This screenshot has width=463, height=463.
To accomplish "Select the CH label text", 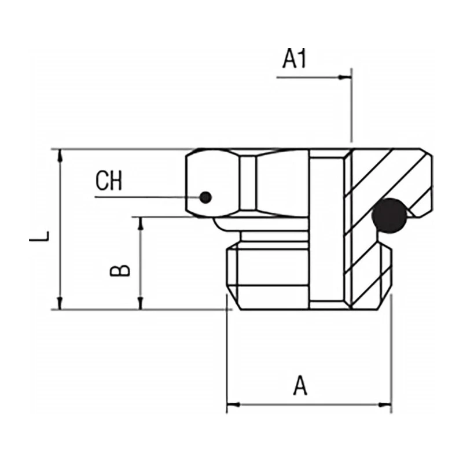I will tap(109, 182).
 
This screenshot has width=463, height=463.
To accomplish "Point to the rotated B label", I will tap(120, 270).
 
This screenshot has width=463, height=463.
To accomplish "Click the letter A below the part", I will tap(300, 385).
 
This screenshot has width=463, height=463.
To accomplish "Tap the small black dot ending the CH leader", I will tap(205, 197).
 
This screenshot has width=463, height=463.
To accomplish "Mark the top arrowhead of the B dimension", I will tap(140, 222).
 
